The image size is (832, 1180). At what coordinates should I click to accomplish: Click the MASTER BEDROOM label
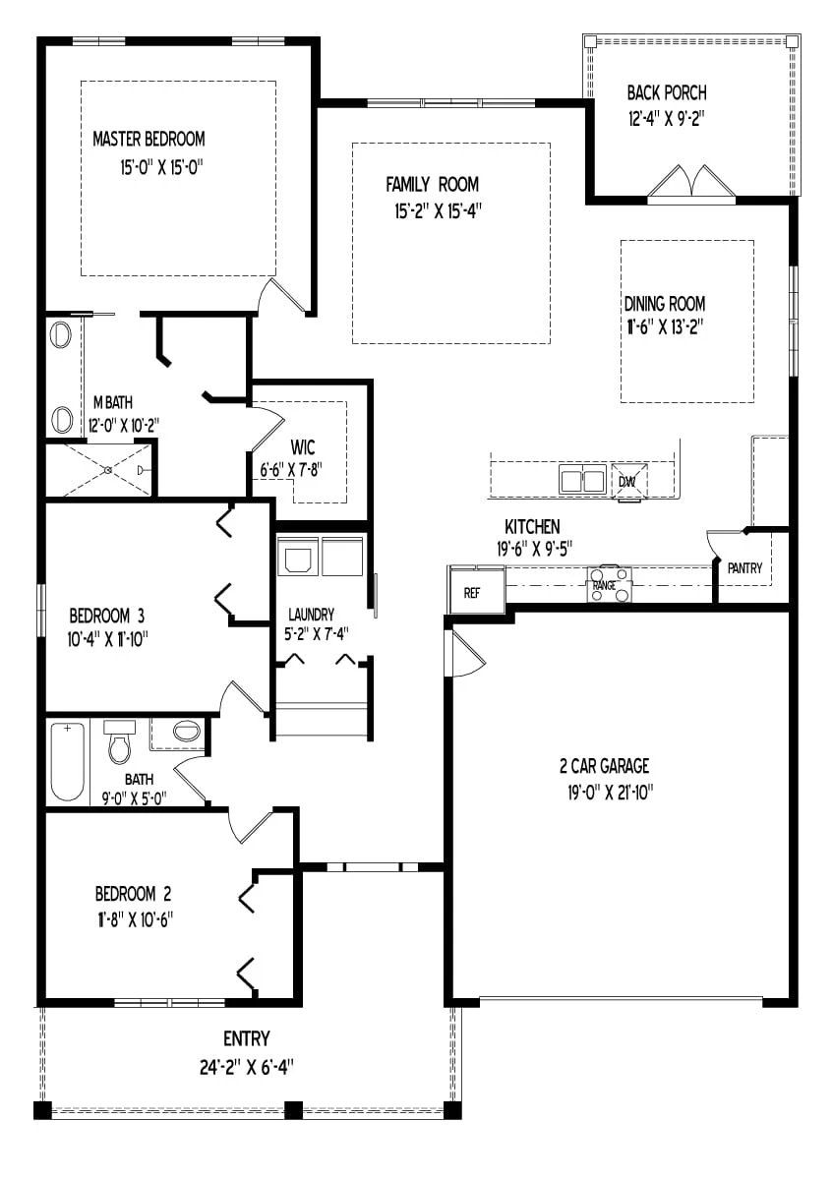[x=149, y=139]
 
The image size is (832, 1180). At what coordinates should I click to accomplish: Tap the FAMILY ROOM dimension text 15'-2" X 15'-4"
[x=432, y=209]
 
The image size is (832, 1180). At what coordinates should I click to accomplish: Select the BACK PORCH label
[x=667, y=93]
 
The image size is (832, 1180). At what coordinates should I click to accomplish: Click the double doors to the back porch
[x=691, y=184]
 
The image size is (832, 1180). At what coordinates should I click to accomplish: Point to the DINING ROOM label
[x=664, y=304]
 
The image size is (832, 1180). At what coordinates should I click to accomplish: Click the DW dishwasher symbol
[x=627, y=481]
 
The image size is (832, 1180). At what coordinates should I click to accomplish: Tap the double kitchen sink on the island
[x=582, y=481]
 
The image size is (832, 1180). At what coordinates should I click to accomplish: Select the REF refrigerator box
[x=472, y=593]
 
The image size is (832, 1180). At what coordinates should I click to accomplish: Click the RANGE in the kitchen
[x=609, y=584]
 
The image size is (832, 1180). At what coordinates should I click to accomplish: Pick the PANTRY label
[x=744, y=568]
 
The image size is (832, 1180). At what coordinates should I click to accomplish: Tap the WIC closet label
[x=301, y=448]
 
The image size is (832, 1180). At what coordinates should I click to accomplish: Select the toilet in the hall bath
[x=120, y=744]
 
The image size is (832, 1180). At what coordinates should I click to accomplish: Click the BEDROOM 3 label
[x=107, y=617]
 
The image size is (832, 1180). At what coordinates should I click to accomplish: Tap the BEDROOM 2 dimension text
[x=135, y=917]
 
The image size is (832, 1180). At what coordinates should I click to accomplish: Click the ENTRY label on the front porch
[x=246, y=1039]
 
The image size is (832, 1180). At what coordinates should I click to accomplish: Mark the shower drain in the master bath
[x=107, y=470]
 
